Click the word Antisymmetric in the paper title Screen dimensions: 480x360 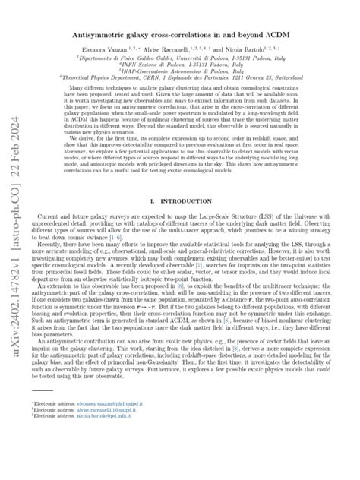click(x=102, y=35)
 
